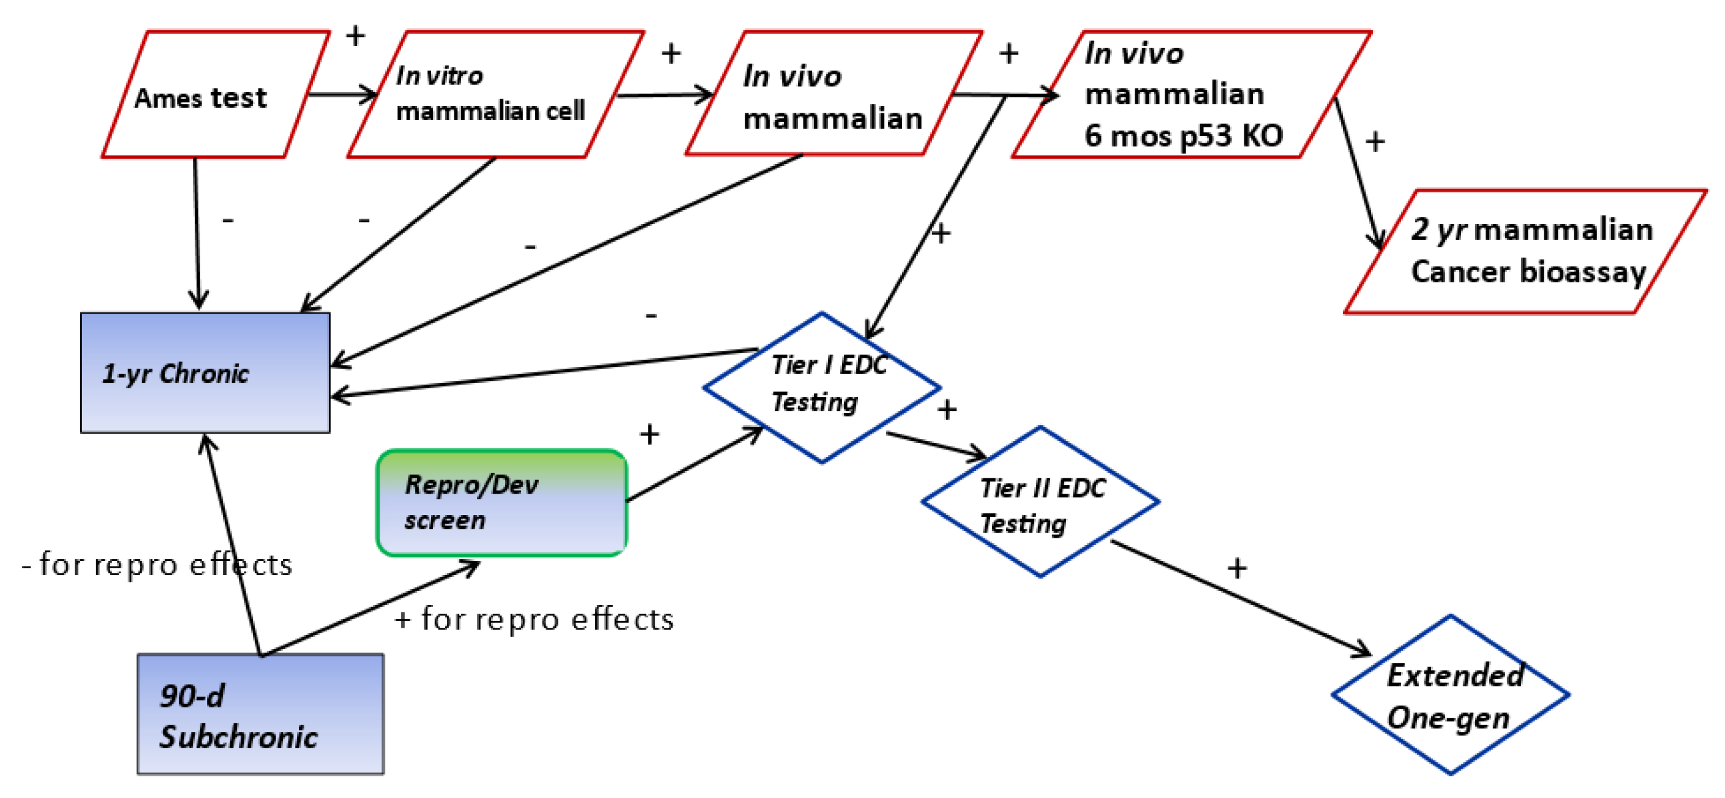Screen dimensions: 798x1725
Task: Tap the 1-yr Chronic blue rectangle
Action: tap(205, 373)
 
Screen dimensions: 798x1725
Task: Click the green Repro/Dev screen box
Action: tap(501, 502)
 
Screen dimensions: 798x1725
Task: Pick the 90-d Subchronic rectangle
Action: tap(260, 713)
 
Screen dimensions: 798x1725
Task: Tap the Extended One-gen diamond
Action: tap(1450, 694)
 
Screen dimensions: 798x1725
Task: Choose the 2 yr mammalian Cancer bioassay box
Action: tap(1525, 251)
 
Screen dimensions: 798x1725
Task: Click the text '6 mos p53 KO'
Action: tap(1182, 136)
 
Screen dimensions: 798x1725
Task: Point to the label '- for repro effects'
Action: tap(157, 565)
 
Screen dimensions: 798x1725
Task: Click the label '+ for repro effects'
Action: tap(535, 619)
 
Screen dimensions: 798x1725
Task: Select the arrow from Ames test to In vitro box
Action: tap(342, 94)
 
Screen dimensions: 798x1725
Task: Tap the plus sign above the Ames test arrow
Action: tap(355, 36)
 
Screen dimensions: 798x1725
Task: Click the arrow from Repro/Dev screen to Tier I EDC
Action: tap(694, 464)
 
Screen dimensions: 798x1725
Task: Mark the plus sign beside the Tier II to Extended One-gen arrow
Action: tap(1237, 568)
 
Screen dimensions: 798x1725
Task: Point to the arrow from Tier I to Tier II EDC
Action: tap(936, 445)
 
